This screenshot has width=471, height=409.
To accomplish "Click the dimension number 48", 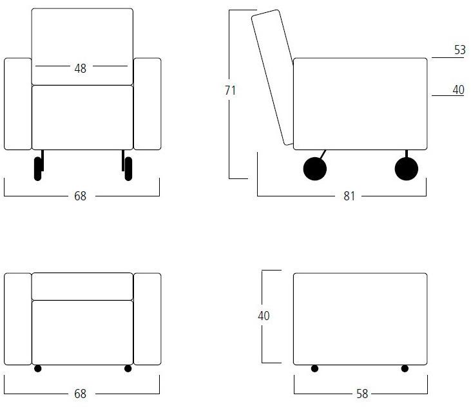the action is coord(80,68).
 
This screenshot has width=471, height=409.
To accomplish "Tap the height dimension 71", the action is coord(231,90).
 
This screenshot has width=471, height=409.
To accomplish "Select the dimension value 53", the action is coord(460,50).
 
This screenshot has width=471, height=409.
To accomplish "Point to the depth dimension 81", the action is coord(349,196).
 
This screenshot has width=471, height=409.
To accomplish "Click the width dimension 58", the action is coord(362,394).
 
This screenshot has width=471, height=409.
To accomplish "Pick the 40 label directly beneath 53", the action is coord(458,90).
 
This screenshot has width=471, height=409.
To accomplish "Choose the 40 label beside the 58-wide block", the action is coord(264,316).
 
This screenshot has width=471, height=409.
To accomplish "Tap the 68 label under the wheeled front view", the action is coord(80,196).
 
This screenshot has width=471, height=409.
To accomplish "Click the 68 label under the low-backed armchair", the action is coord(80,394).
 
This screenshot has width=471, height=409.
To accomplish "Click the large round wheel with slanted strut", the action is coord(315,169).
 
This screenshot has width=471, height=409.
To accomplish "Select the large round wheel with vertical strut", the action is coord(407,169).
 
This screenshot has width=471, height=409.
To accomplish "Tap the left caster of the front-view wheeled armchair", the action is coord(38,169).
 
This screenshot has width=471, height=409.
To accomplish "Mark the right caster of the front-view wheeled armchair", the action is coord(128,169).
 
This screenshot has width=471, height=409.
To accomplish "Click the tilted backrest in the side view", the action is coord(272,77).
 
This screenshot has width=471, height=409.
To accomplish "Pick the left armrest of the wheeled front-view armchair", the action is coord(18,104).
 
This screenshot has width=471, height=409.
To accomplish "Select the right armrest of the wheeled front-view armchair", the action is coord(147,104).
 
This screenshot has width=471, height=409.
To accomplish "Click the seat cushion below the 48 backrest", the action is coord(82,117).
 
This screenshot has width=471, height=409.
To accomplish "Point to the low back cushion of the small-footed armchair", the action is coord(82,286).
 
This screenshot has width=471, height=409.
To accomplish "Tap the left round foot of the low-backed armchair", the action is coord(37,368).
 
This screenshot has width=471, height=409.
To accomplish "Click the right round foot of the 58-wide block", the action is coord(405,368).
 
